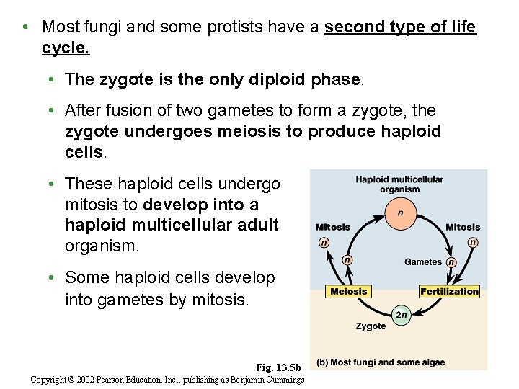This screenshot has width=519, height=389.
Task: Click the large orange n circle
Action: pyautogui.click(x=400, y=213)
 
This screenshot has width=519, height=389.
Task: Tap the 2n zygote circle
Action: pyautogui.click(x=402, y=315)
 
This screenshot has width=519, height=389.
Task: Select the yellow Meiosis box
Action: pyautogui.click(x=348, y=292)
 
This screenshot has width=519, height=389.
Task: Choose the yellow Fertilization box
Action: pyautogui.click(x=449, y=292)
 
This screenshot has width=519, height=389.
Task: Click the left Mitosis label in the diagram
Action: pyautogui.click(x=333, y=227)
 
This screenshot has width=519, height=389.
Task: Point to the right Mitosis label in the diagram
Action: pyautogui.click(x=463, y=227)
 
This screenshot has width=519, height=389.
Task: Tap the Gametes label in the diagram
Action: pyautogui.click(x=423, y=262)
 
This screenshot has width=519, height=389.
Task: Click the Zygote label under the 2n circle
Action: pyautogui.click(x=371, y=326)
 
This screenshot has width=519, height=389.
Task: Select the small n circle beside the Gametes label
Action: pyautogui.click(x=451, y=262)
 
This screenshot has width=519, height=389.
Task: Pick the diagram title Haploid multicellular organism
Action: pyautogui.click(x=399, y=184)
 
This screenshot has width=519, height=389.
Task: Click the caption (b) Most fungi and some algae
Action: pyautogui.click(x=381, y=362)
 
